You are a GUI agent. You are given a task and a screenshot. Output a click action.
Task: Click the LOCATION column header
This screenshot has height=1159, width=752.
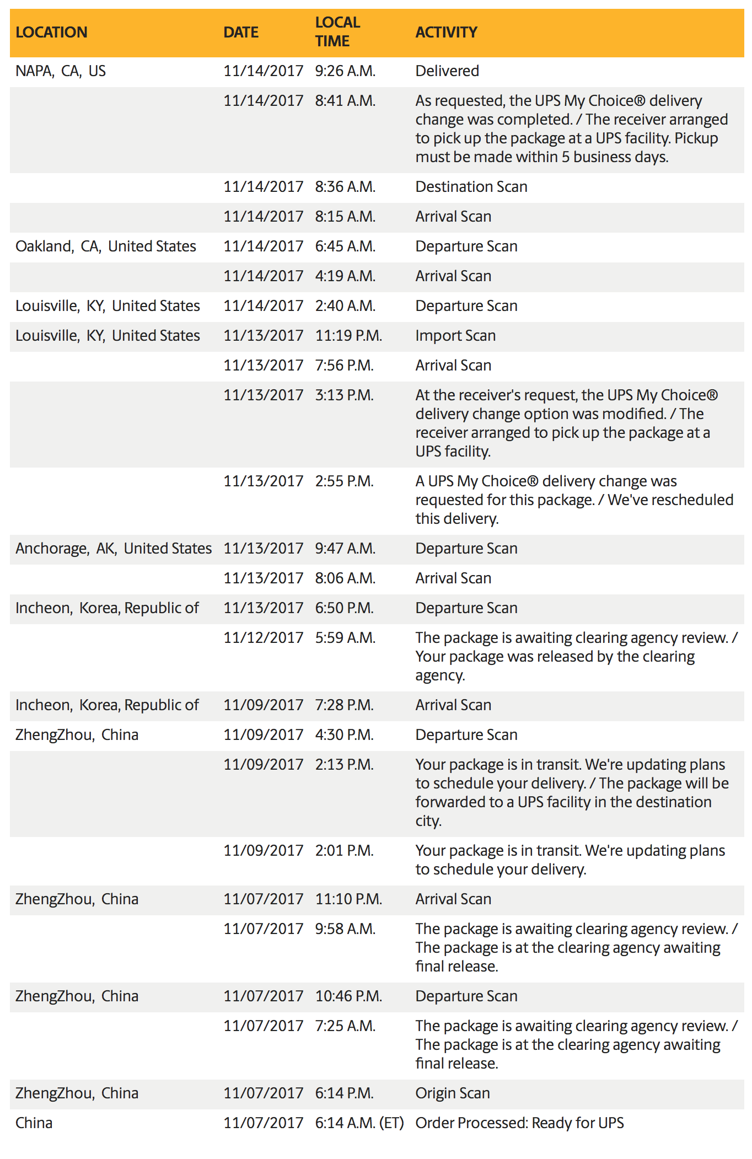point(51,33)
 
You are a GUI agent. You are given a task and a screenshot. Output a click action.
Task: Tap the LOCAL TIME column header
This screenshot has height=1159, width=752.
point(337,32)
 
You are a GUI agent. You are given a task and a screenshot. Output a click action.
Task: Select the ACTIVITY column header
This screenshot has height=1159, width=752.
point(446,33)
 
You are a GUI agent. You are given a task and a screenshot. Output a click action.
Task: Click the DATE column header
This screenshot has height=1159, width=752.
point(241,33)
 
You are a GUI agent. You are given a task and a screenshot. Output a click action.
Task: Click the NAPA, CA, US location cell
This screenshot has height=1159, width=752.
point(61,71)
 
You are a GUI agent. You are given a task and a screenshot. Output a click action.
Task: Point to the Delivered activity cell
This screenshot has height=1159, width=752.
point(447,71)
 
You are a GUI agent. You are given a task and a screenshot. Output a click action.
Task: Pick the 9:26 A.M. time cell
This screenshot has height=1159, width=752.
point(345,71)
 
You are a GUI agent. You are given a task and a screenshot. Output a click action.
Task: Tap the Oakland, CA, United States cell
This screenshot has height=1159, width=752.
point(106,246)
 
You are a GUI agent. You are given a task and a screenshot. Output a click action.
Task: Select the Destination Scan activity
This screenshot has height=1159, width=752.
point(471,187)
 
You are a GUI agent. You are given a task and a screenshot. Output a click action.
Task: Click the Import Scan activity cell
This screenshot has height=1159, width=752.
point(455,336)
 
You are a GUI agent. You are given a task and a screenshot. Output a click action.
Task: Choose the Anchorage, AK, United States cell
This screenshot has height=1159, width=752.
point(114,549)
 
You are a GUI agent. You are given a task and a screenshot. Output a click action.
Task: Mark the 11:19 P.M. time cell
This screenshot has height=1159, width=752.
point(348,336)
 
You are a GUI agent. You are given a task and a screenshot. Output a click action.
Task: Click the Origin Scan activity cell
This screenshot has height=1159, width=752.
point(453,1093)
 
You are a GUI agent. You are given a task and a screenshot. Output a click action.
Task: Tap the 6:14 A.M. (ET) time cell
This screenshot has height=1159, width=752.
point(359,1123)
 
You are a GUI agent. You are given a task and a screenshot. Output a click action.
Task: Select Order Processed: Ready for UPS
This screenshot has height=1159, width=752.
point(519,1123)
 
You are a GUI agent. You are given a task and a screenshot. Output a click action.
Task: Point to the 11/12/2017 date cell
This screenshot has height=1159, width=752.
point(264,638)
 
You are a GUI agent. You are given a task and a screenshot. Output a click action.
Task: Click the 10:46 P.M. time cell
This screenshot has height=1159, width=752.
point(348,996)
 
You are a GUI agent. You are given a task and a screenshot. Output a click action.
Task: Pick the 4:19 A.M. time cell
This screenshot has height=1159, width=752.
point(345,276)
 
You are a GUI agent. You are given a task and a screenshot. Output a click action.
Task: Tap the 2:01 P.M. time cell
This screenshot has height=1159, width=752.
point(345,851)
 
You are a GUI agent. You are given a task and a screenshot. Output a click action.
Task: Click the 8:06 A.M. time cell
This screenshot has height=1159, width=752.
point(345,578)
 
